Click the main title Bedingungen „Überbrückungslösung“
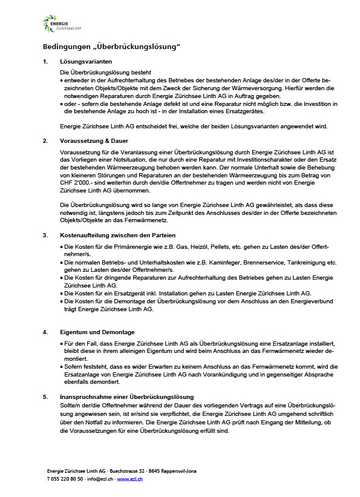point(111,47)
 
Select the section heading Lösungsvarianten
point(86,62)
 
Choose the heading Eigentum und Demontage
point(97,332)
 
